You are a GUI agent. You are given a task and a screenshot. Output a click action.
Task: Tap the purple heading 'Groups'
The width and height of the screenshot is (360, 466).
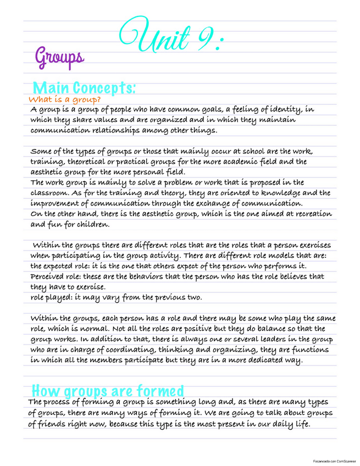(x=60, y=57)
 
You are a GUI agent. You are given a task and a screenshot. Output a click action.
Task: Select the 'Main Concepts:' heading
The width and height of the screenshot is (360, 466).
(x=84, y=88)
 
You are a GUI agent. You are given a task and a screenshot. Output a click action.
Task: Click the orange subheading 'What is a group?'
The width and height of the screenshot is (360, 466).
(x=64, y=100)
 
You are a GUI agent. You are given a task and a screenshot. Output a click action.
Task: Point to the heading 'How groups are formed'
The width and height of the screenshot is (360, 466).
(x=108, y=391)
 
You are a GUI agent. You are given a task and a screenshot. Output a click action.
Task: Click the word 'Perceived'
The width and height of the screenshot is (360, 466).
(x=49, y=276)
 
